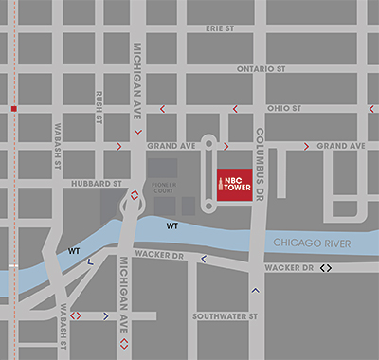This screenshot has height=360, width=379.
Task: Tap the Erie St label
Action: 219,29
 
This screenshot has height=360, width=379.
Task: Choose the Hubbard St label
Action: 101,183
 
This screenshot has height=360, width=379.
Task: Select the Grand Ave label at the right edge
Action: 341,146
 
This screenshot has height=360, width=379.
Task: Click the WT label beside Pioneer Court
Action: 171,227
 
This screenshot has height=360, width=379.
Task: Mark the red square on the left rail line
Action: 13,109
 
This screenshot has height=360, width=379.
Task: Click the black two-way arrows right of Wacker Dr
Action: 326,268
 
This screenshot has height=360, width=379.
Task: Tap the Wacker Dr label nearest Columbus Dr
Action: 289,269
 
